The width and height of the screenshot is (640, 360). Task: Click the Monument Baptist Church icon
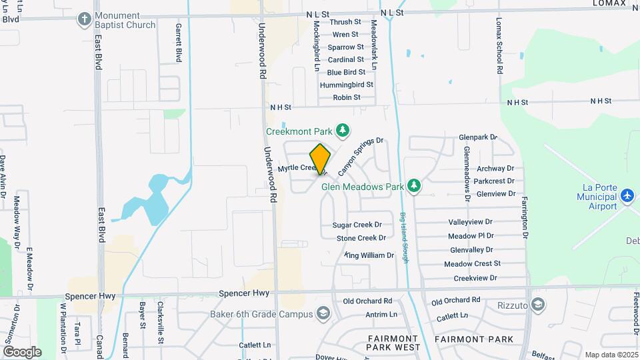[x=84, y=19]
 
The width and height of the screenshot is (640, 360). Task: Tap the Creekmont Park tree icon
[x=342, y=129]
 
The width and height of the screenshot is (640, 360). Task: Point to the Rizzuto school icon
[x=539, y=305]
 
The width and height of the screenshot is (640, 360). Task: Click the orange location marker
[x=320, y=159]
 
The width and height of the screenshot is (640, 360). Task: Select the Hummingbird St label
[x=346, y=85]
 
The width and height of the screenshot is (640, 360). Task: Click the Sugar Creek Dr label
[x=357, y=225]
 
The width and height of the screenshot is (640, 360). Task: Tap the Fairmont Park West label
[x=393, y=343]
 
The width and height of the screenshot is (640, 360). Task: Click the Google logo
[x=22, y=351]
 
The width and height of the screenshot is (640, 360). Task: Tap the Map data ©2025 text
[x=611, y=354]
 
